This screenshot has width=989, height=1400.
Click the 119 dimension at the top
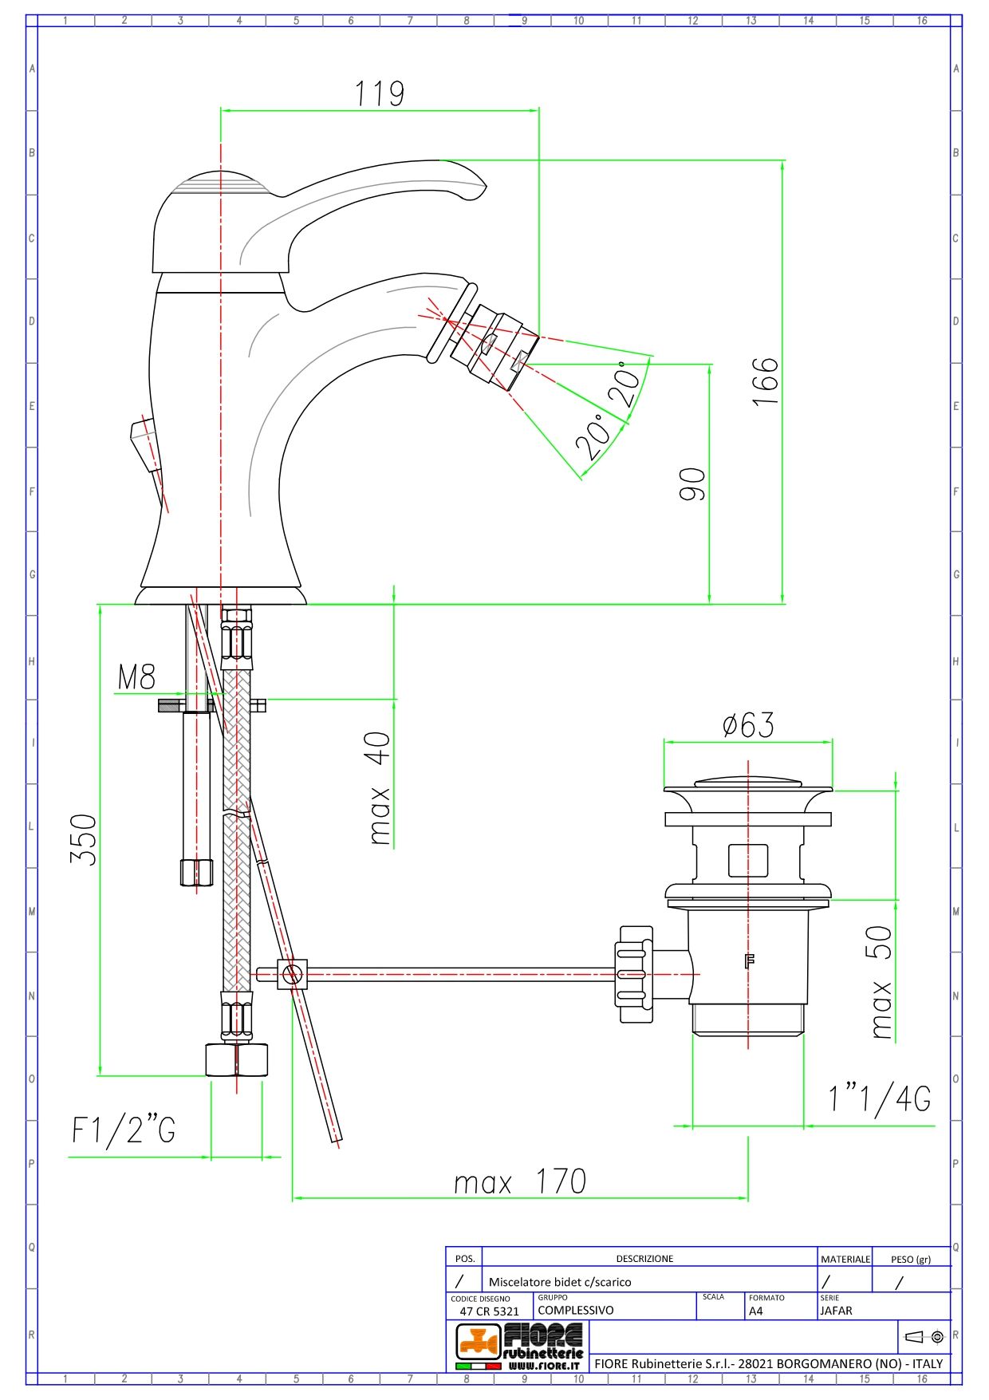pyautogui.click(x=380, y=94)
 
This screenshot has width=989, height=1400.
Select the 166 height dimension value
pyautogui.click(x=765, y=381)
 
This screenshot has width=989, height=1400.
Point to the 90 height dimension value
pyautogui.click(x=692, y=483)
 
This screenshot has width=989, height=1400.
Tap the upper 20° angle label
pyautogui.click(x=626, y=386)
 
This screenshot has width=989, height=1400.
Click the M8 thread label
pyautogui.click(x=136, y=678)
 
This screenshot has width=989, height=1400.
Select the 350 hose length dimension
pyautogui.click(x=84, y=839)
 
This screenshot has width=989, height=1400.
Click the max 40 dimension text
pyautogui.click(x=380, y=788)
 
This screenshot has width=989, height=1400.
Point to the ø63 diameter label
pyautogui.click(x=747, y=725)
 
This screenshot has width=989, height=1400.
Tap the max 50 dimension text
pyautogui.click(x=880, y=981)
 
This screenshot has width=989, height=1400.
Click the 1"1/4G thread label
pyautogui.click(x=879, y=1100)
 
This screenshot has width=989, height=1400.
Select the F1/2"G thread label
pyautogui.click(x=124, y=1130)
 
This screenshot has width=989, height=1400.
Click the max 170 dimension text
pyautogui.click(x=520, y=1181)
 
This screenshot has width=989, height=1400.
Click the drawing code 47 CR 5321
pyautogui.click(x=489, y=1311)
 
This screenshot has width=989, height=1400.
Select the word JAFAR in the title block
pyautogui.click(x=836, y=1310)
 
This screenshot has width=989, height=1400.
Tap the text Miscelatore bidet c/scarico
pyautogui.click(x=560, y=1282)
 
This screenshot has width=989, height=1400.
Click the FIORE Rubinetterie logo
pyautogui.click(x=519, y=1346)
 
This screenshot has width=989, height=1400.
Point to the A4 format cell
pyautogui.click(x=756, y=1310)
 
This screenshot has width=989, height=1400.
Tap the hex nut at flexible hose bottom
pyautogui.click(x=237, y=1059)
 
